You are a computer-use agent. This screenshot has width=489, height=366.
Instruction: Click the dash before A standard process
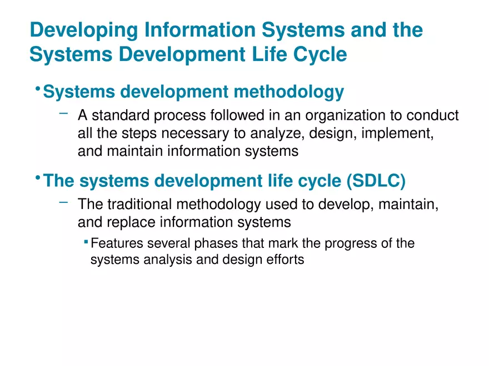pyautogui.click(x=64, y=114)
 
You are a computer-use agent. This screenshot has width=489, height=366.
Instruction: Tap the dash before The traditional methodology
pyautogui.click(x=64, y=203)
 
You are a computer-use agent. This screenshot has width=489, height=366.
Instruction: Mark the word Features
pyautogui.click(x=114, y=243)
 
